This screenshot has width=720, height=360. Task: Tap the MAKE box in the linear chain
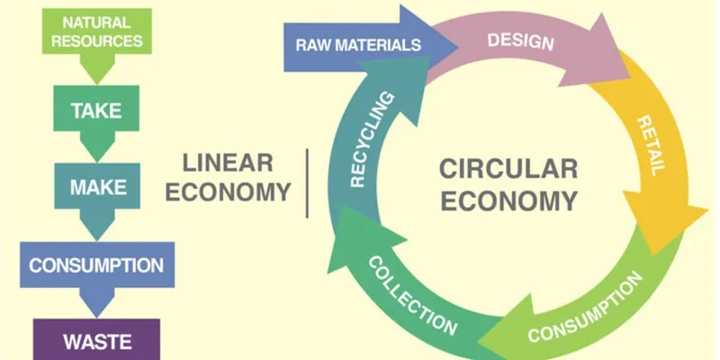(x=97, y=188)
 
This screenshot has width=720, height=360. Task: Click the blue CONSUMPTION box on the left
(x=96, y=265)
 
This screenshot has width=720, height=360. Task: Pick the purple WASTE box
(x=97, y=341)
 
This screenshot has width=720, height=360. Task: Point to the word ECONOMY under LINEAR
(x=229, y=192)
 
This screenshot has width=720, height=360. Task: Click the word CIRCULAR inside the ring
(x=508, y=168)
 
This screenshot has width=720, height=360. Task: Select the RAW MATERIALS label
(x=358, y=44)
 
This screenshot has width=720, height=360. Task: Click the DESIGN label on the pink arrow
(x=520, y=40)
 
